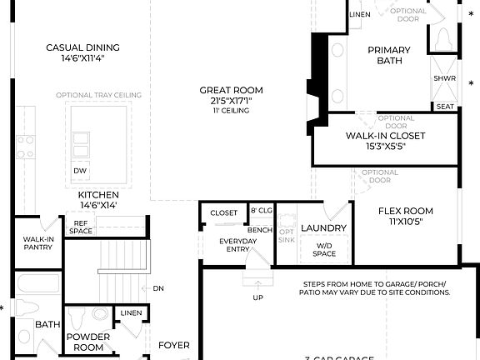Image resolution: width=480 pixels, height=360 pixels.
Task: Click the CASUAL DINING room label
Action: tap(82, 47)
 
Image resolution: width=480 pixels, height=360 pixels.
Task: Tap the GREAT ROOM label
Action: tap(231, 90)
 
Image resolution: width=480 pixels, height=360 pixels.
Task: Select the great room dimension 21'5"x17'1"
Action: tap(231, 101)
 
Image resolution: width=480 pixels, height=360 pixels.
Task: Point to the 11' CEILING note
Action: tap(231, 111)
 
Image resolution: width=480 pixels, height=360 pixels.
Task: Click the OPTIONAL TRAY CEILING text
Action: tap(99, 95)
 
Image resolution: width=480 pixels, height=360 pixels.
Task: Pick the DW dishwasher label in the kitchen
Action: tap(80, 171)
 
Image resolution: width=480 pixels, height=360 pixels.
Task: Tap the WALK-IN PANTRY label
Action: tap(38, 243)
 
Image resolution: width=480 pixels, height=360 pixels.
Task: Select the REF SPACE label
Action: tap(81, 227)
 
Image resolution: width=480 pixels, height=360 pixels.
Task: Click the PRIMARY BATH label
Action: tap(389, 55)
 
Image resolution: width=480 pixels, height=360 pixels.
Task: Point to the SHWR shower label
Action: tap(444, 78)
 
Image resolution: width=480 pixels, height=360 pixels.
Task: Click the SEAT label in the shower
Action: tap(445, 107)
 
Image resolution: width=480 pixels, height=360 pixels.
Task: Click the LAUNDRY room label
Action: tap(317, 227)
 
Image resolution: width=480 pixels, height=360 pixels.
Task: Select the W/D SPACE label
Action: tap(324, 249)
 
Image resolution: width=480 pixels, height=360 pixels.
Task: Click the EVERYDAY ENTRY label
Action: tap(237, 245)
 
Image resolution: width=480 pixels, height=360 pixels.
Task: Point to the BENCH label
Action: tap(261, 228)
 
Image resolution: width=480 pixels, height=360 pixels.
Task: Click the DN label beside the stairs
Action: tap(158, 288)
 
